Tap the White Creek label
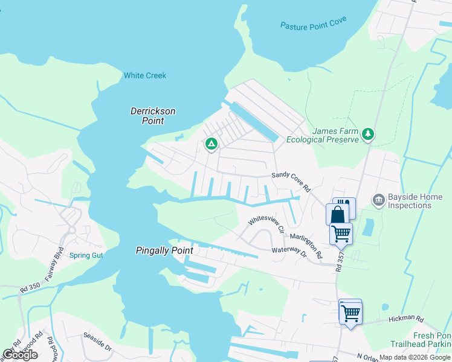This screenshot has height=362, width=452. point(145,75)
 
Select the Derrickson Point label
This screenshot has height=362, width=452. point(153,116)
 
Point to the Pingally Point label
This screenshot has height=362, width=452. point(164,250)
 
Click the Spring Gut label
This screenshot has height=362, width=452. point(86,255)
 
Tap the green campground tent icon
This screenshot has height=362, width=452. point(211,144)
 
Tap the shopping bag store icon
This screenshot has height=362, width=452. point(337,214)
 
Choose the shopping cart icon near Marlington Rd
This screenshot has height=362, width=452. point(341,233)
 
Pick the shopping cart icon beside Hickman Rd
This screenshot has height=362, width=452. point(350,313)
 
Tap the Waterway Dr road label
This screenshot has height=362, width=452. point(289,250)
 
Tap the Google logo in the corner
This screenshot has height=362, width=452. point(20,354)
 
